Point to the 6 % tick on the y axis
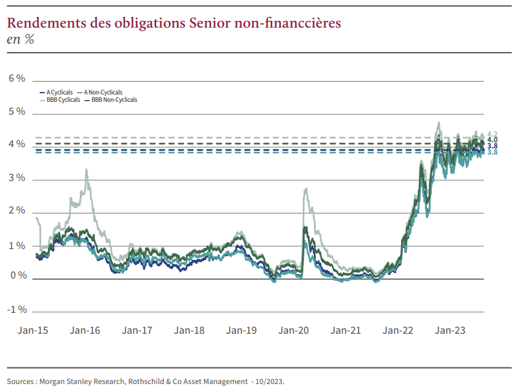tap(17, 79)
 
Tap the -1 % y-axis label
tap(17, 309)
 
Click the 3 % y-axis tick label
tap(17, 178)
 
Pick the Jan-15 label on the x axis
tap(33, 330)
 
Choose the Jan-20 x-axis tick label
tap(294, 330)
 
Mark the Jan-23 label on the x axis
tap(450, 330)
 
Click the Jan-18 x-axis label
tap(189, 330)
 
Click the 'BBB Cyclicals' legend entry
tap(63, 99)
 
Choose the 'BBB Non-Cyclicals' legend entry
tap(114, 99)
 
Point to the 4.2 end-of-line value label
tap(492, 134)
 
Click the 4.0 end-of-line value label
tap(492, 140)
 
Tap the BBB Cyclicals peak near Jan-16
tap(87, 170)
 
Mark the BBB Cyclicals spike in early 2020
tap(305, 189)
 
